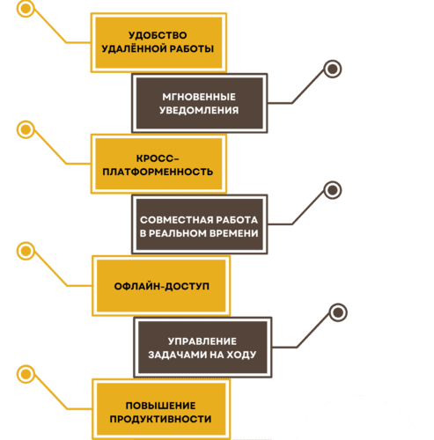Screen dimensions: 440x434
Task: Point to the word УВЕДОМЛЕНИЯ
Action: (x=200, y=110)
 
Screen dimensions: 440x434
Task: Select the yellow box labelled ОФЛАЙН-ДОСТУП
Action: (x=160, y=287)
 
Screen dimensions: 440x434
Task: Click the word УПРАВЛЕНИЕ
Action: (x=202, y=340)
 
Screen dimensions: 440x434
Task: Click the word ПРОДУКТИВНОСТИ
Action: (x=160, y=418)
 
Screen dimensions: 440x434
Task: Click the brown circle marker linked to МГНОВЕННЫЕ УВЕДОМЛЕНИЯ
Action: (x=332, y=69)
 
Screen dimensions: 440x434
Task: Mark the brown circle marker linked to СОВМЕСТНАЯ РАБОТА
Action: (x=332, y=190)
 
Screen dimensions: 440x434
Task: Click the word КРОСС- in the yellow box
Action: (x=158, y=156)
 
